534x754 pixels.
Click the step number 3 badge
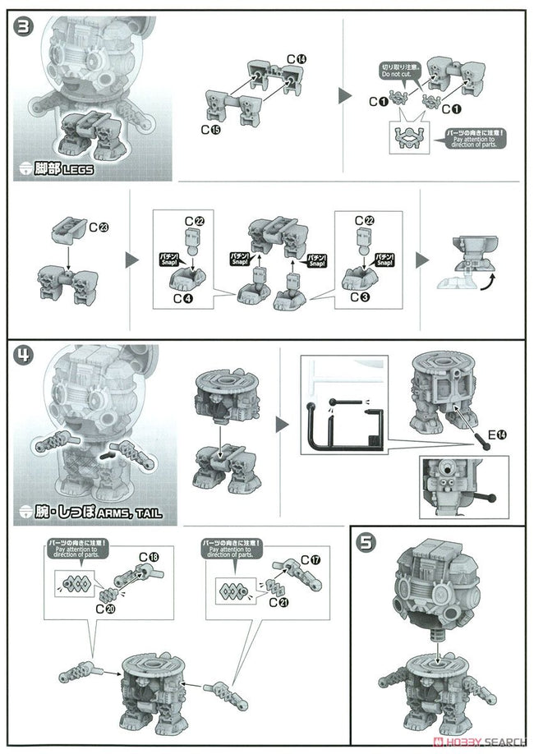23,26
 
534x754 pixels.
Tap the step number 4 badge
23,356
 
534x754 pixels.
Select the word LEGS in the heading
76,170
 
